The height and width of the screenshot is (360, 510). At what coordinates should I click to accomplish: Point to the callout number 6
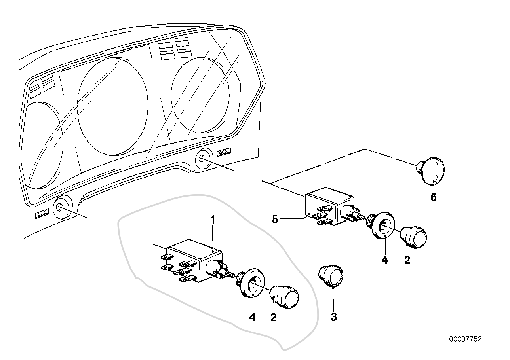(434, 197)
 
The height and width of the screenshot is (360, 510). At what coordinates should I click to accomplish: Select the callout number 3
(334, 316)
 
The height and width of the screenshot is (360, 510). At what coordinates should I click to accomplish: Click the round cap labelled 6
(432, 171)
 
